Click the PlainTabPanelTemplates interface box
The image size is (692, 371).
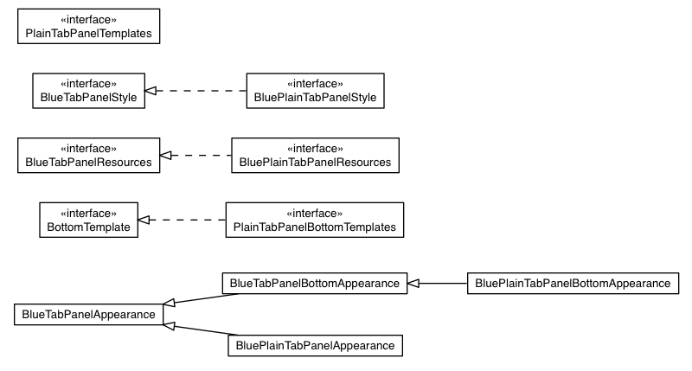coord(88,27)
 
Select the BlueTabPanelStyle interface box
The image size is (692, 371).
coord(87,91)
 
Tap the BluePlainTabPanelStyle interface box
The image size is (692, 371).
coord(315,91)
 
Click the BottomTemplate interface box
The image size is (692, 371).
coord(88,221)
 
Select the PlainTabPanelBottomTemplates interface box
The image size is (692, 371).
coord(315,221)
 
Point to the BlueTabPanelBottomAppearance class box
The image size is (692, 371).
coord(315,283)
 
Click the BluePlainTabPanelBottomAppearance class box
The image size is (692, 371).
coord(573,283)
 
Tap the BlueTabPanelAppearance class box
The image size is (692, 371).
coord(88,314)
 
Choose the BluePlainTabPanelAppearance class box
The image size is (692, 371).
coord(315,346)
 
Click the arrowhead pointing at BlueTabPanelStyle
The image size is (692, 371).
coord(151,91)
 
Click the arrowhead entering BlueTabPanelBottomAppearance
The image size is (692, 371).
coord(414,283)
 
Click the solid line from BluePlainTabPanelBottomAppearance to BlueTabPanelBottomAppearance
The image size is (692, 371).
coord(441,283)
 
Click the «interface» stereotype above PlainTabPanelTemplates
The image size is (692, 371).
coord(88,19)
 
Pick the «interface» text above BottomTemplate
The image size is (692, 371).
coord(88,213)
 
